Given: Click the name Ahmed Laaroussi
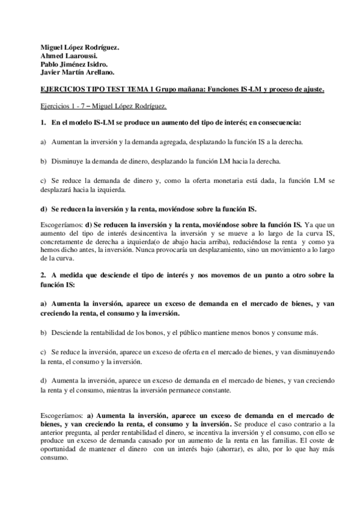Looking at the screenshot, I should point(63,55).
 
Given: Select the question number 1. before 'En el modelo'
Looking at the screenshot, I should point(43,123).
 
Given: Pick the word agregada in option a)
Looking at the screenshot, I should point(163,142).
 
